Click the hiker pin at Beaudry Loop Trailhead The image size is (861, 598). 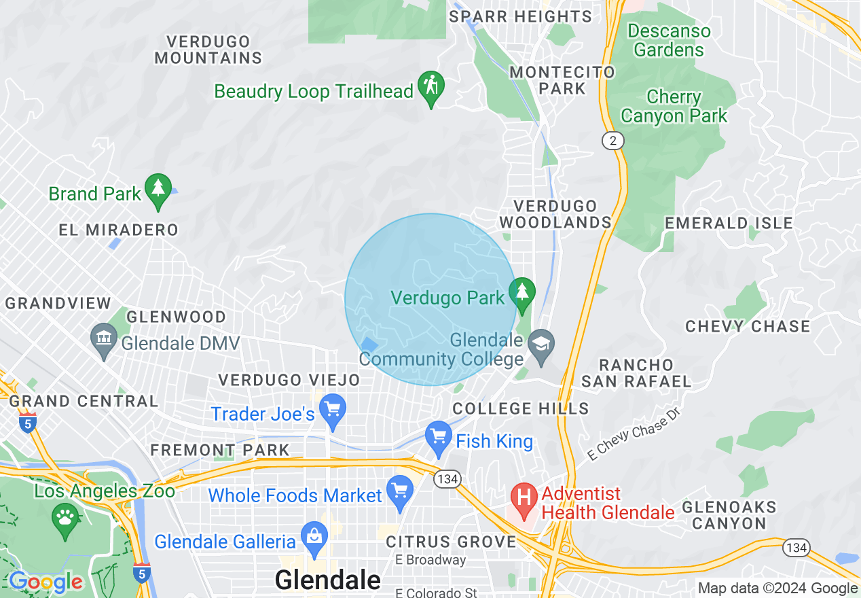(x=430, y=87)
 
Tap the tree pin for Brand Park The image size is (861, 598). (x=158, y=190)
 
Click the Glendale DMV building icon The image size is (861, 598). (x=104, y=339)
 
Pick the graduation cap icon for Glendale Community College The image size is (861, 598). (x=541, y=343)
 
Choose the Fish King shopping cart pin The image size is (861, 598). (x=438, y=437)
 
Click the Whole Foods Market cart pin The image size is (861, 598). (x=399, y=491)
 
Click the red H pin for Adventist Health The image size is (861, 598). (x=524, y=499)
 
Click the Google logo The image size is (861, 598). (x=45, y=582)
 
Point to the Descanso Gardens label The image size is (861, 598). (x=669, y=41)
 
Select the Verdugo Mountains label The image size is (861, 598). (x=208, y=50)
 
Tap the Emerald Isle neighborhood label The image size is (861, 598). (x=729, y=223)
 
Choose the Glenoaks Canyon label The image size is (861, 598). (x=729, y=515)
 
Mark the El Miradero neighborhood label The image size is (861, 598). (x=118, y=230)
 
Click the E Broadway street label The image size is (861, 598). (x=431, y=560)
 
